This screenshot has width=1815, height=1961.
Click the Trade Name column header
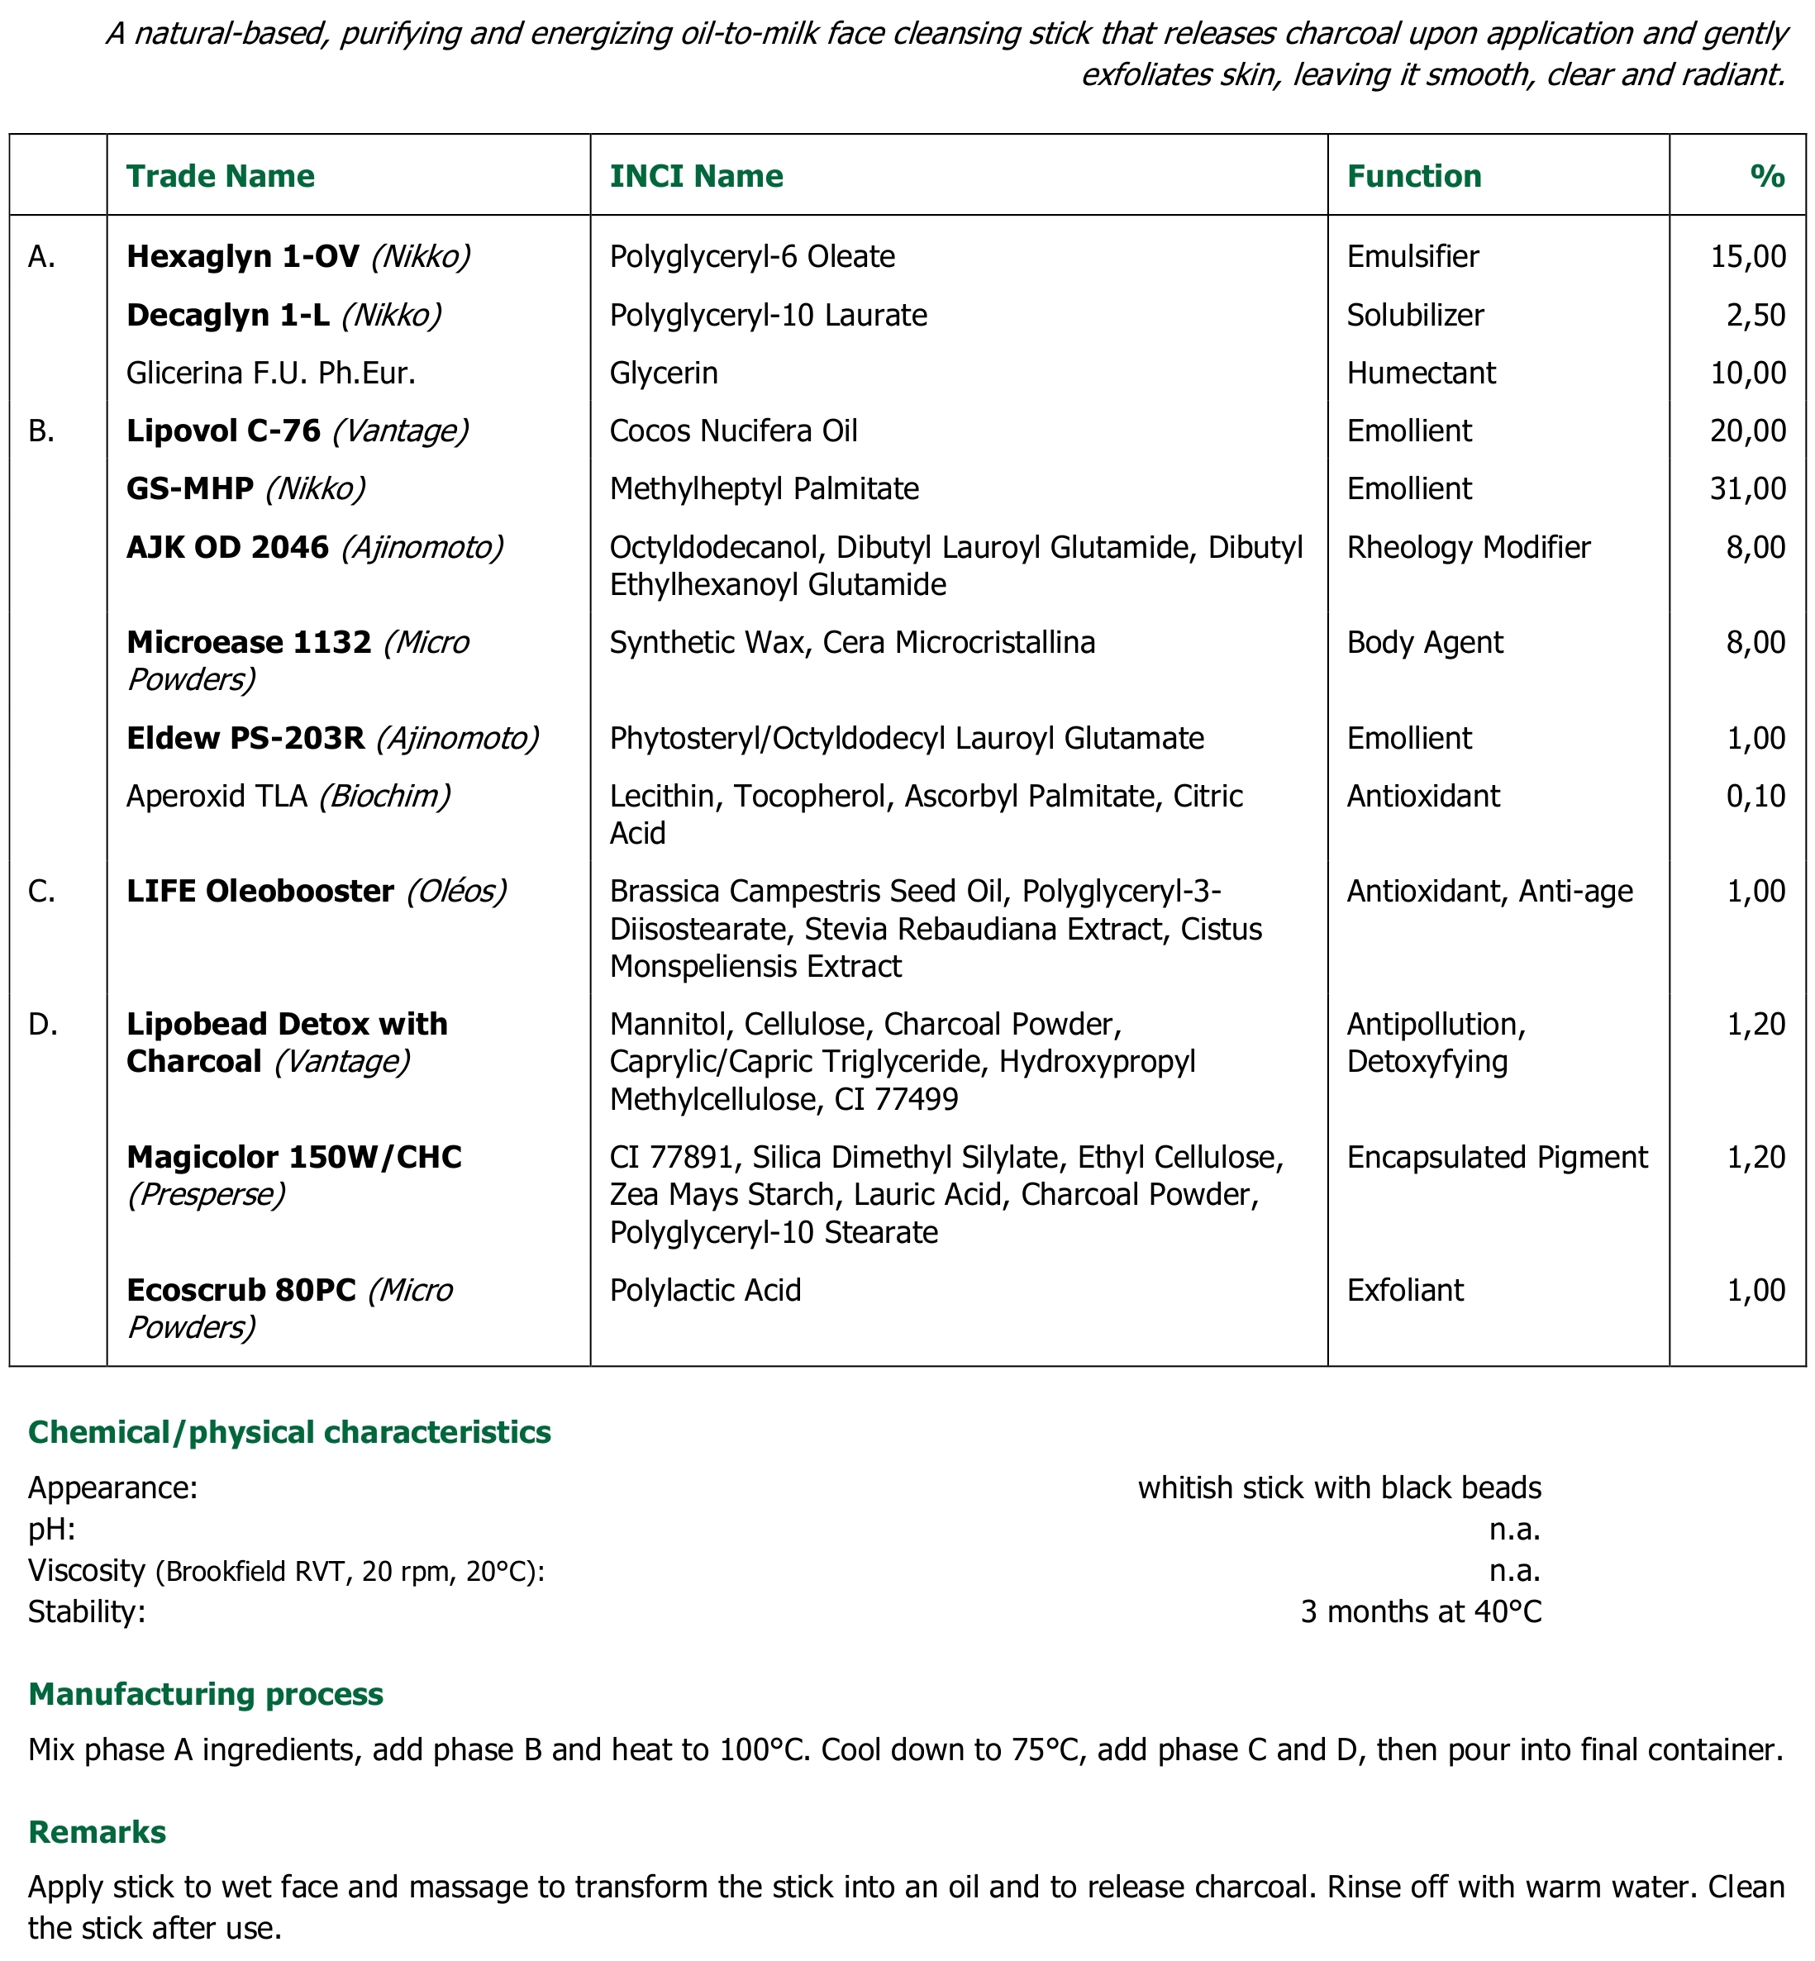pyautogui.click(x=220, y=176)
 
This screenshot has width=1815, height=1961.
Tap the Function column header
pyautogui.click(x=1413, y=176)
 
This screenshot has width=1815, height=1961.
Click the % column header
pyautogui.click(x=1767, y=176)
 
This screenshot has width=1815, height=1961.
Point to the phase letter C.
pyautogui.click(x=41, y=891)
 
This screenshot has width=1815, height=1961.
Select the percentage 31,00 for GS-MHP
pyautogui.click(x=1747, y=488)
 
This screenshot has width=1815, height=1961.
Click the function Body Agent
pyautogui.click(x=1424, y=642)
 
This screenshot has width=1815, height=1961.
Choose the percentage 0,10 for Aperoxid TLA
pyautogui.click(x=1755, y=796)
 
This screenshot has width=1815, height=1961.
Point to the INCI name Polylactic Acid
pyautogui.click(x=705, y=1289)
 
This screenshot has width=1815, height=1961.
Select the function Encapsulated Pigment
pyautogui.click(x=1497, y=1157)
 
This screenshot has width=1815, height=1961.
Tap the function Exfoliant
pyautogui.click(x=1404, y=1289)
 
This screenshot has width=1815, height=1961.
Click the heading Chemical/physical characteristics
pyautogui.click(x=290, y=1432)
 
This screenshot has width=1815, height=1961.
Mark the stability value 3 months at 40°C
pyautogui.click(x=1420, y=1611)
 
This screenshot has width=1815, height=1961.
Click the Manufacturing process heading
pyautogui.click(x=205, y=1694)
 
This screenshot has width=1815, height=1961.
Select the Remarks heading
pyautogui.click(x=98, y=1831)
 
